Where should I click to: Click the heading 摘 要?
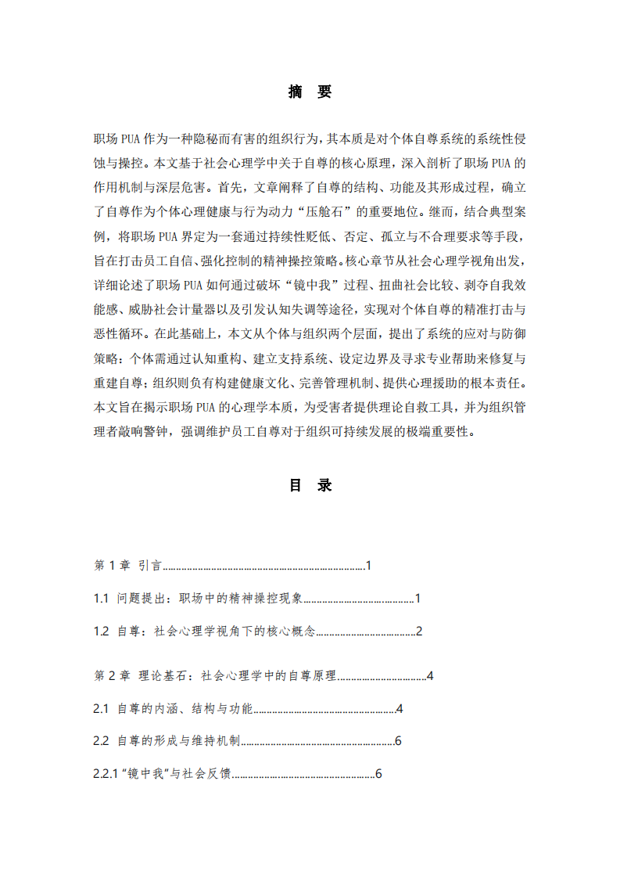click(310, 92)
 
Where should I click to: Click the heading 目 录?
click(310, 485)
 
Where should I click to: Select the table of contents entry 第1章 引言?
click(127, 565)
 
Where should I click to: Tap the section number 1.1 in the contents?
click(101, 599)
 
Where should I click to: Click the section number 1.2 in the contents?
click(101, 632)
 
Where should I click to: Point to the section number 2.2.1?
click(106, 774)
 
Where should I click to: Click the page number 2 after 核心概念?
click(419, 632)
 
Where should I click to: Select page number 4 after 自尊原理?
click(429, 675)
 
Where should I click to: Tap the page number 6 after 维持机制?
click(398, 741)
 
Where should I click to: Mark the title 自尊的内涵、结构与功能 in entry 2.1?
click(185, 708)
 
